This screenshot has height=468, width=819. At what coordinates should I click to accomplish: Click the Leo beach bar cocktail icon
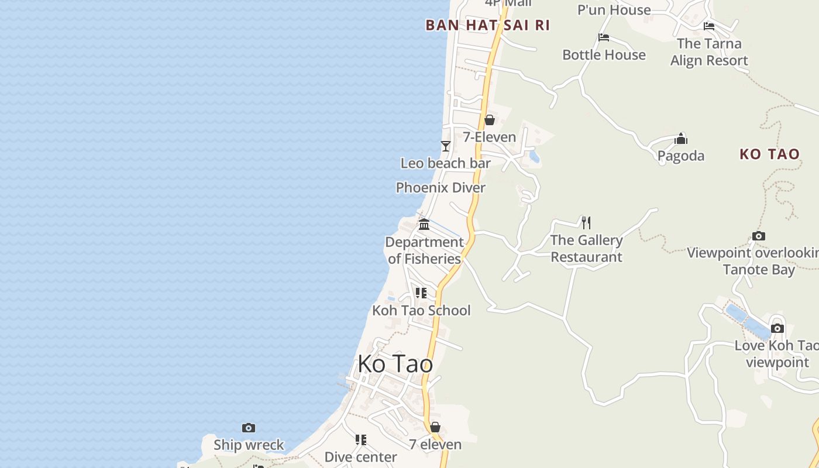coord(446,146)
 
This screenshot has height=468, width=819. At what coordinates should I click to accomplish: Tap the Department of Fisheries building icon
coord(424,224)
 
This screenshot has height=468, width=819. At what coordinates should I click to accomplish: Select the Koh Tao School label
coord(421,310)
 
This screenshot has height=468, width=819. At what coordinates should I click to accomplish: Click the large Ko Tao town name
coord(395,364)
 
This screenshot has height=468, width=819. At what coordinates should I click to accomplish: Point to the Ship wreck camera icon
coord(249,428)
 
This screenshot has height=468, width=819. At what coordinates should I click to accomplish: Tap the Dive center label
coord(360,457)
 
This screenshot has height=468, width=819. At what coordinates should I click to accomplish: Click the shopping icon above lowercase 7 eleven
coord(435,427)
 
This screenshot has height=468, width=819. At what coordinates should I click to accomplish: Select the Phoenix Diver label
coord(441,188)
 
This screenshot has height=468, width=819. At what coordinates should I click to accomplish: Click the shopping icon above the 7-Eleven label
coord(489,120)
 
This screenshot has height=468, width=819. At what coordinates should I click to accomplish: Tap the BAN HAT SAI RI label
coord(487,25)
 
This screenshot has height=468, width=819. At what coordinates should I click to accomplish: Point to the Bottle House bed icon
coord(604,37)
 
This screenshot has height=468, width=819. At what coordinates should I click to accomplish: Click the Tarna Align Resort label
coord(709,52)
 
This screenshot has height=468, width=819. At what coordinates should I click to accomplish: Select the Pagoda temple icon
coord(681,139)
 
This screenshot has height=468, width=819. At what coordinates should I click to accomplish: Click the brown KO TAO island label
coord(769,154)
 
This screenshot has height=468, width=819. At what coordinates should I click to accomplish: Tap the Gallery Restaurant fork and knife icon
coord(586,222)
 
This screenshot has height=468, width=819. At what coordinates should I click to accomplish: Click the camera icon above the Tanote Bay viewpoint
coord(759,236)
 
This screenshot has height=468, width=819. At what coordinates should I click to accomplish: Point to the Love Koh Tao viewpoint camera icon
coord(777,328)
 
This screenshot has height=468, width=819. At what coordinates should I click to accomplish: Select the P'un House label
coord(614,10)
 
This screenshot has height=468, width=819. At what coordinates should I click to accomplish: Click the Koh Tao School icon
coord(421,292)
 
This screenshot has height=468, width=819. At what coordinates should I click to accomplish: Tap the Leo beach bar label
coord(445,163)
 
